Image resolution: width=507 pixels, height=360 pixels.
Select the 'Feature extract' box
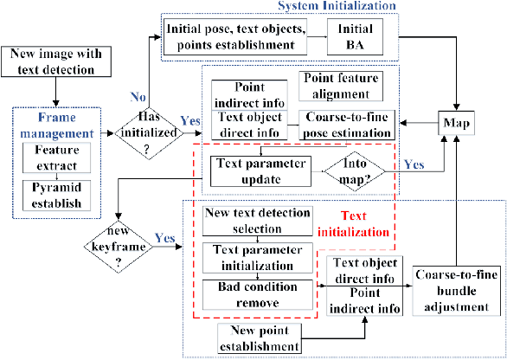coord(59,157)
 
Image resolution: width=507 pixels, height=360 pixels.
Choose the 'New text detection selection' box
coord(254,221)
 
